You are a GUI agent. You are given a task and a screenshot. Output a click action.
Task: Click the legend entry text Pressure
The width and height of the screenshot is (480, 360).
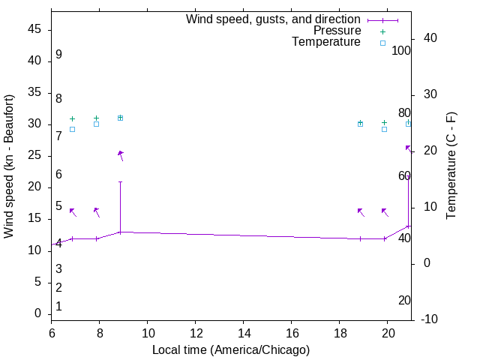point(337,31)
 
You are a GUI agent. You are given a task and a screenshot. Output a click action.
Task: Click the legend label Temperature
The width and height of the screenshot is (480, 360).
point(326,43)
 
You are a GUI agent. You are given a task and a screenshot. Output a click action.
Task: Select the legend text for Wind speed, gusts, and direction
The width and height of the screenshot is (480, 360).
point(274,19)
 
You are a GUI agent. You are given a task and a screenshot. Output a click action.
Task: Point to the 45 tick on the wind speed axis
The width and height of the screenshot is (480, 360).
point(34,29)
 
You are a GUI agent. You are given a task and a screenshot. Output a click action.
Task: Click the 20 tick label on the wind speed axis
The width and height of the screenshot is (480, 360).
point(34,187)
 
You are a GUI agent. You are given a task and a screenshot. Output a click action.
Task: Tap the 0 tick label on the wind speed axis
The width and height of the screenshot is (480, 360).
point(38,313)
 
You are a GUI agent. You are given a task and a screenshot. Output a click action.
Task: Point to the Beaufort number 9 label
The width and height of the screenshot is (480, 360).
point(58,55)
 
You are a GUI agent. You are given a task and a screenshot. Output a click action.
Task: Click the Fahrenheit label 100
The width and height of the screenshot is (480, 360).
point(402,51)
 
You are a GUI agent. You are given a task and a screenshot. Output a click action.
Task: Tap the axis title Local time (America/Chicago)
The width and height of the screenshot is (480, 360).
point(231,349)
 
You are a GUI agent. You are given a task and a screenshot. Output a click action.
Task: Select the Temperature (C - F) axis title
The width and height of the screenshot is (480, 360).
point(451,166)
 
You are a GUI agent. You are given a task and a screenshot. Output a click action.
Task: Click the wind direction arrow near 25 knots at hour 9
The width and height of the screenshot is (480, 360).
point(120,155)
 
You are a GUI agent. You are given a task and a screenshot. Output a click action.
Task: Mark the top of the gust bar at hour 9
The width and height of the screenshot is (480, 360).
point(120,181)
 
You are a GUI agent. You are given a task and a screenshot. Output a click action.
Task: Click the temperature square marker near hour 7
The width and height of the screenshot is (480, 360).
point(72,129)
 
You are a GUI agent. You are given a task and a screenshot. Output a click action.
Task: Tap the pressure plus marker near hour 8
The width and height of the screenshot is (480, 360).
point(96,118)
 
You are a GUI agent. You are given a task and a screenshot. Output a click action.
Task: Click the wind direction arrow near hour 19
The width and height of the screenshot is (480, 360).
point(361,212)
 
